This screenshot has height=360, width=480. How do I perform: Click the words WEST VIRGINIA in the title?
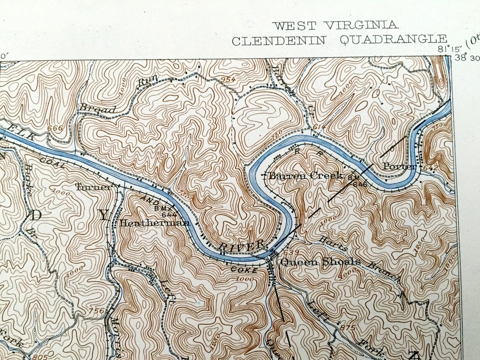(x=336, y=25)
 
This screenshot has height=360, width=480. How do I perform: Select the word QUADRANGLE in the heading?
(x=393, y=40)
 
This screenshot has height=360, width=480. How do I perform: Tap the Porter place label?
(x=399, y=167)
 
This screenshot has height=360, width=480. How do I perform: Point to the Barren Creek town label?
(x=306, y=176)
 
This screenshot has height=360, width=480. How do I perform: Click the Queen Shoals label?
(x=320, y=262)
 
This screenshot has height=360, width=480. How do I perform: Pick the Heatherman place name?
(x=154, y=224)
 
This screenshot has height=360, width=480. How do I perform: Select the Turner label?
(x=93, y=187)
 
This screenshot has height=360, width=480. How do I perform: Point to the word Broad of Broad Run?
(x=96, y=109)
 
